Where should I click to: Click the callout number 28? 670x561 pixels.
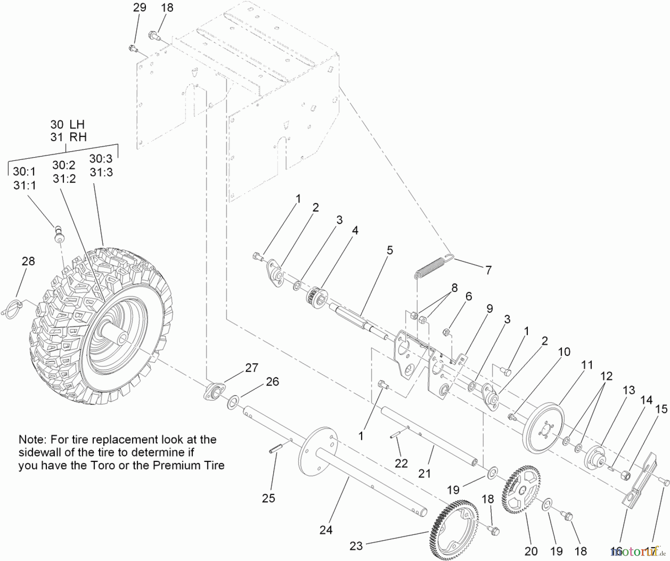[x=28, y=262]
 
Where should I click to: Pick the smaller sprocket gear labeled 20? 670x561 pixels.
[x=521, y=490]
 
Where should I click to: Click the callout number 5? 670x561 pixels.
[x=390, y=250]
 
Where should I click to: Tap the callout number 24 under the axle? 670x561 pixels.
[x=326, y=530]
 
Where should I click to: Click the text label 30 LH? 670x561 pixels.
[x=68, y=124]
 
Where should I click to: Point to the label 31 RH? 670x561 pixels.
[x=68, y=137]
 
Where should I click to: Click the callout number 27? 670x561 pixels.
[x=252, y=368]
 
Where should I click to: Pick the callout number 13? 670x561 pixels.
[x=629, y=390]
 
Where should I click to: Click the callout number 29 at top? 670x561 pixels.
[x=140, y=7]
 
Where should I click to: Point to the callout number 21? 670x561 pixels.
[x=424, y=473]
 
